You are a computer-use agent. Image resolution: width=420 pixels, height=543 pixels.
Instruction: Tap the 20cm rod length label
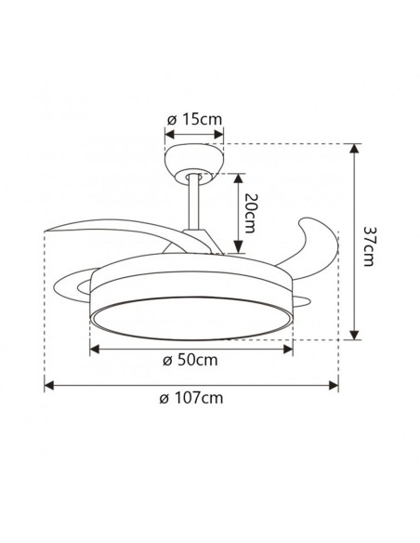(249, 214)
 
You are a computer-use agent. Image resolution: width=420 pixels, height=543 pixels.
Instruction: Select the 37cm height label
(369, 245)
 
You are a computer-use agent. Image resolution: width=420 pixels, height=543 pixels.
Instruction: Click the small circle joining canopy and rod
(194, 174)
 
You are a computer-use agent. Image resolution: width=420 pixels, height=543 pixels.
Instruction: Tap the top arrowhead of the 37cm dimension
(354, 148)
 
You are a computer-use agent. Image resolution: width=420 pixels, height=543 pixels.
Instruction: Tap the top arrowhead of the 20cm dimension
(235, 177)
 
